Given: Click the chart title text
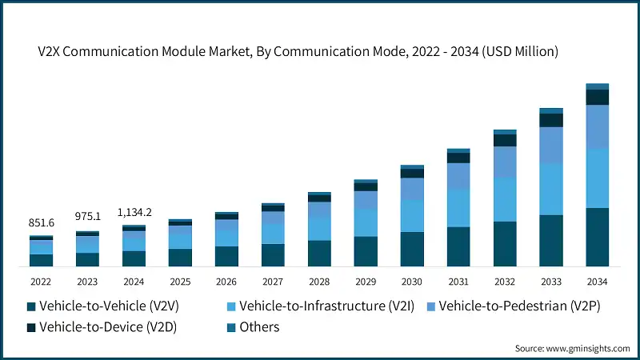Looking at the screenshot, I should [320, 51].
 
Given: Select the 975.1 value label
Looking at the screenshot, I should [87, 217].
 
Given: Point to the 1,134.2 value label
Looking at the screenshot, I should [134, 212].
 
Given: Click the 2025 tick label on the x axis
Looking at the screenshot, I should [180, 281].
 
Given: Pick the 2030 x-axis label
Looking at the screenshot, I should [412, 281].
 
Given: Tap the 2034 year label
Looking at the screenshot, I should [598, 281].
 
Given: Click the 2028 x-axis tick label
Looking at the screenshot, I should [319, 281].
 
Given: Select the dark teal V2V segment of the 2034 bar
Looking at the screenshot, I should [598, 237].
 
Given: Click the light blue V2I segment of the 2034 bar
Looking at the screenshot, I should [598, 178].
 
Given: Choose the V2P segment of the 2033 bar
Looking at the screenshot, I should [551, 145].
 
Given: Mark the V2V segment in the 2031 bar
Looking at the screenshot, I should [458, 246].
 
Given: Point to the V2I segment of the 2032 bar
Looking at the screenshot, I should [505, 199].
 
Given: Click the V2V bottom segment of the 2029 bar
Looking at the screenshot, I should [366, 251].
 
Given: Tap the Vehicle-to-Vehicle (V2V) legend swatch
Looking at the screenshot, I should [31, 306].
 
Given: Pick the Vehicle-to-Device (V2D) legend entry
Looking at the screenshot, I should [103, 326].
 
